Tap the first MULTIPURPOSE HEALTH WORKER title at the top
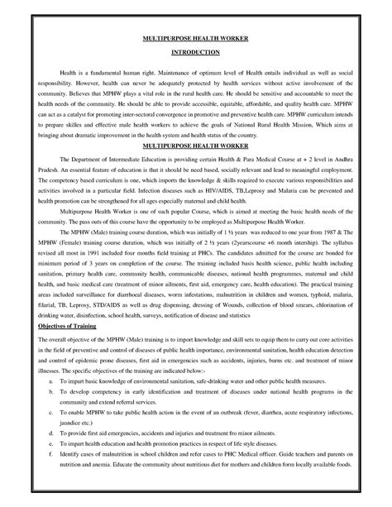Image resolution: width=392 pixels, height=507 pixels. (196, 38)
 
